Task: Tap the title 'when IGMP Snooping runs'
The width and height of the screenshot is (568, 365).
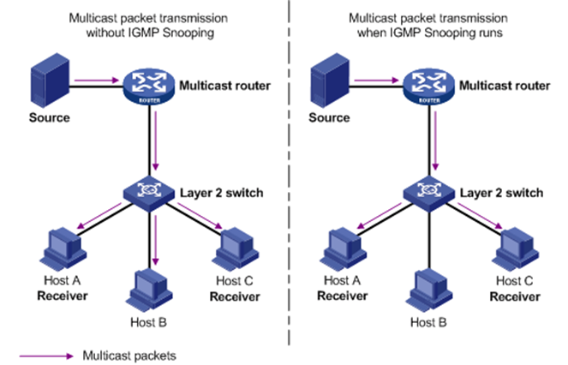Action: coord(422,33)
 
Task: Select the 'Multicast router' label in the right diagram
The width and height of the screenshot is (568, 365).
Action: coord(503,87)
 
